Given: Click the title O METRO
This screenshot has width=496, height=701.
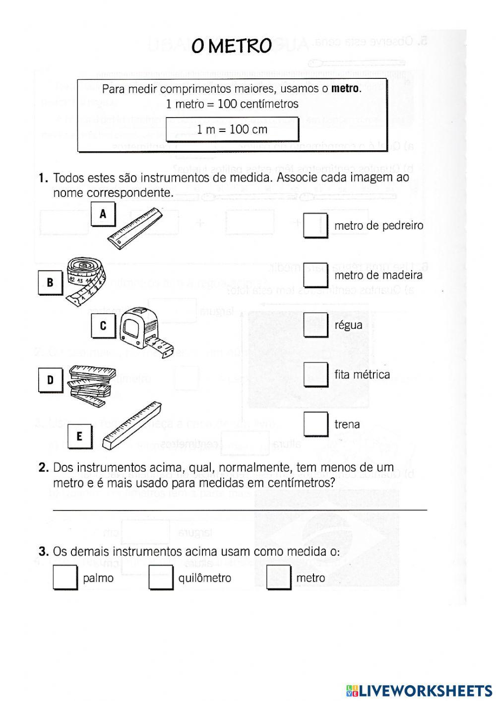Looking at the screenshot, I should point(232,46).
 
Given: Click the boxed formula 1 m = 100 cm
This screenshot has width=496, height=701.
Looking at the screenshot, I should point(232,129).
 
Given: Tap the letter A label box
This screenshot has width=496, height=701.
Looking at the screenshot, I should point(103,214).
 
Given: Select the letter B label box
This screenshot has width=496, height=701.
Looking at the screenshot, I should point(50,282).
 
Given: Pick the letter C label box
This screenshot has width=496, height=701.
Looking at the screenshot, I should point(103,326).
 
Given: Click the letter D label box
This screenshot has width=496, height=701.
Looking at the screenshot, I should point(50,381).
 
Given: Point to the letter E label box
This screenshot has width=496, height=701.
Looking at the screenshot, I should point(79,436).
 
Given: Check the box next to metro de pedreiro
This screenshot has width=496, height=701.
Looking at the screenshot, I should point(315,225).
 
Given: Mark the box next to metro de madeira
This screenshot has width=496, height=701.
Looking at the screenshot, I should point(315,275).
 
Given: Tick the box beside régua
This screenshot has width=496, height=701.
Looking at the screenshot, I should point(315,324).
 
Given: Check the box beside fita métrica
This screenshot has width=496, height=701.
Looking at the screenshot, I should point(315,374).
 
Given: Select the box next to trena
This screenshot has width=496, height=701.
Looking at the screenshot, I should point(315,424).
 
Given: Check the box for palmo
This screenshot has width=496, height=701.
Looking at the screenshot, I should point(64,577).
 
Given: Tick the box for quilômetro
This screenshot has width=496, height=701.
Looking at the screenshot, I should point(160,577).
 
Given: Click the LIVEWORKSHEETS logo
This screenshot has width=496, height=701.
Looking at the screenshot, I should point(419,690).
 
